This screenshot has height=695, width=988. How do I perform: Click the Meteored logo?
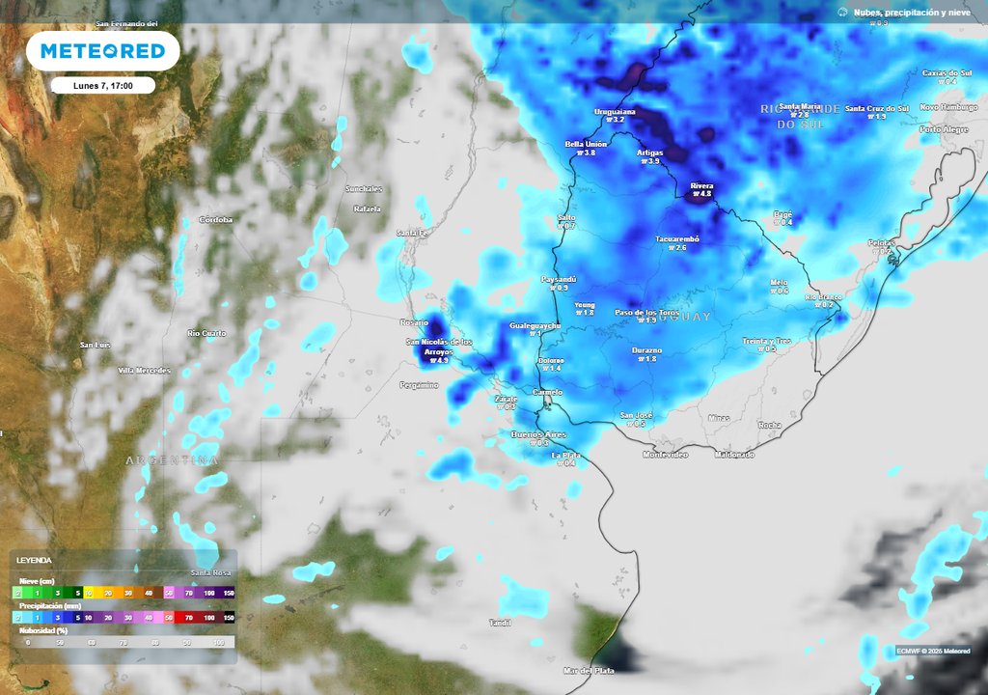(102, 51)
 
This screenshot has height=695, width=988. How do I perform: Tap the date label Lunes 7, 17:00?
(102, 86)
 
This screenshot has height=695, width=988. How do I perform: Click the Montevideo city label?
(665, 454)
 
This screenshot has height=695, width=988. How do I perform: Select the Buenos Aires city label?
(538, 434)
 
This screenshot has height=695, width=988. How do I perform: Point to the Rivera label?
(701, 185)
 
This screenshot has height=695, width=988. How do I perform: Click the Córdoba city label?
(215, 220)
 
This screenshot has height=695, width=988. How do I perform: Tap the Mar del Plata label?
(590, 670)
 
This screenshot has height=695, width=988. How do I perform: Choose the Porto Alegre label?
(944, 128)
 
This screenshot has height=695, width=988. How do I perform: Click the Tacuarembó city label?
(676, 238)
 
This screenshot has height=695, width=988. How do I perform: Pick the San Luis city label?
(95, 345)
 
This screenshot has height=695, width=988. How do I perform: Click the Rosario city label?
(414, 321)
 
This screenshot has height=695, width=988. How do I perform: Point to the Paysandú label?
(560, 279)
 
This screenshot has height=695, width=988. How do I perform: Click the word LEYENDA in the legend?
(35, 560)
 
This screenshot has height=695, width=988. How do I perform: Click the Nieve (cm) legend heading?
(38, 580)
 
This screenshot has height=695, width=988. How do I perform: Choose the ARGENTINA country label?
(172, 460)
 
